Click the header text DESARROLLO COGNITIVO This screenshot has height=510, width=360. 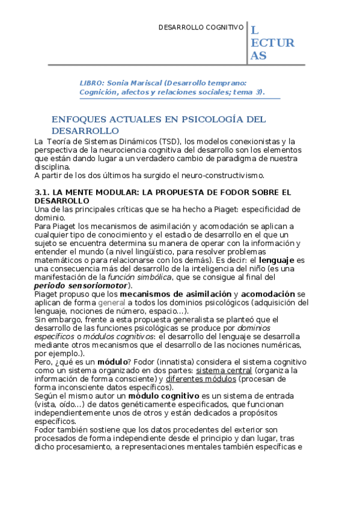coord(201,28)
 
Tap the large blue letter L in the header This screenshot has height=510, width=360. coord(255,30)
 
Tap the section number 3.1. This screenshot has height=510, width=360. coord(43,192)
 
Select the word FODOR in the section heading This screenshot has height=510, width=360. coord(227,192)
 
